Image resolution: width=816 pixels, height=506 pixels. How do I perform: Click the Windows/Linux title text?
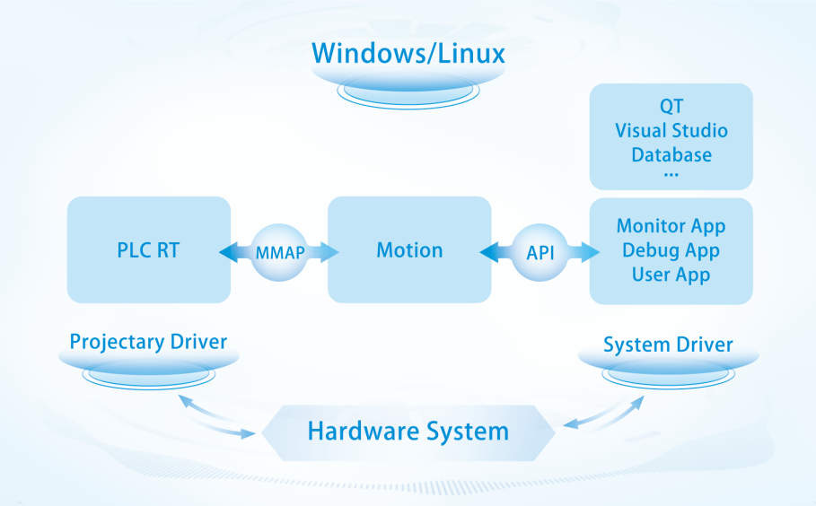pos(408,52)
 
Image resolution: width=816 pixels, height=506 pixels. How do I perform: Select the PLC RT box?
pos(149,249)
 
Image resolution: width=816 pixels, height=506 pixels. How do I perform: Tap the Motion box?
pos(409,249)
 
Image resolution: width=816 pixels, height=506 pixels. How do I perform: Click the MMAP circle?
pos(279,251)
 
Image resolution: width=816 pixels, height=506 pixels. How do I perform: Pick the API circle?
pos(540,252)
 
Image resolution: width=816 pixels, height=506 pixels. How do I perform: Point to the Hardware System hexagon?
pos(408,432)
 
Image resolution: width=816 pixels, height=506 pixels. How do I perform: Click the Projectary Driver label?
pos(148,342)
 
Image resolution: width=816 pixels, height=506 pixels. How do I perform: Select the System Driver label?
pos(668,345)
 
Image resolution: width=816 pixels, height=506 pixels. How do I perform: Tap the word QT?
pos(671,108)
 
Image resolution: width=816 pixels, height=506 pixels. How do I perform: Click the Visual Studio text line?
pos(671,131)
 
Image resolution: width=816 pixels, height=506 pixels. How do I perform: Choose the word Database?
pos(671,154)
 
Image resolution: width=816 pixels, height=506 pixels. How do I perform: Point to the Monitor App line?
pos(671,226)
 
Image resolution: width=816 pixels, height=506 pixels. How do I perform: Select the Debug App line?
pos(671,250)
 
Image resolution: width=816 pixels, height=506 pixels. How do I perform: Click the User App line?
pos(671,275)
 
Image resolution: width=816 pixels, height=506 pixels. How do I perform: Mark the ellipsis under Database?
pos(671,173)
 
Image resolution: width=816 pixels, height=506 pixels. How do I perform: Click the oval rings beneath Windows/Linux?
pos(408,91)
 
